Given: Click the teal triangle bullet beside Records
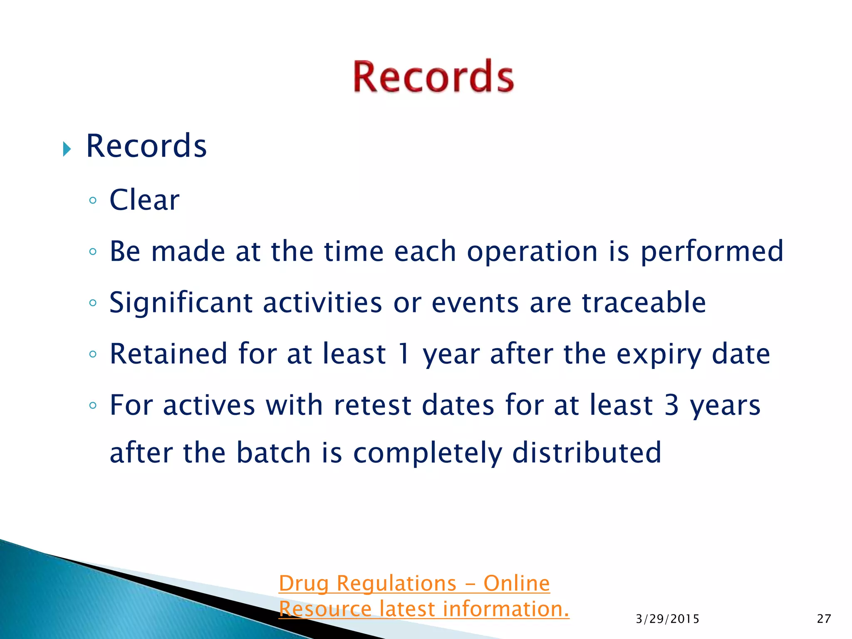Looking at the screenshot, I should [x=67, y=149].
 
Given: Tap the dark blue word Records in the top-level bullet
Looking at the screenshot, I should [x=146, y=146].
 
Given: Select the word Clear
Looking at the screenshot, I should [x=144, y=200].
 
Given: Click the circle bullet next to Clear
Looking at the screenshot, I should [x=93, y=201].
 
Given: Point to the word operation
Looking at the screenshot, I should [x=532, y=252].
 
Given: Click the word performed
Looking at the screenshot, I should [x=712, y=252].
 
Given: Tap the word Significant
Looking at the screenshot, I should [x=181, y=303].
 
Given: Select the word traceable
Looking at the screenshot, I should [x=644, y=303].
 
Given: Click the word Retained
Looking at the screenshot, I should [x=168, y=354].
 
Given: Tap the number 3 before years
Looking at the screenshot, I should [x=672, y=405].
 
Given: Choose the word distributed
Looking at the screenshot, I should [x=587, y=453].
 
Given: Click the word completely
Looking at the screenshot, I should [x=428, y=453].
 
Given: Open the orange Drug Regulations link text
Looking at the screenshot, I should [x=414, y=583].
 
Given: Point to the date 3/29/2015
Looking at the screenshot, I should [x=667, y=619].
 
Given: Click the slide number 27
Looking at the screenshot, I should [x=824, y=619].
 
